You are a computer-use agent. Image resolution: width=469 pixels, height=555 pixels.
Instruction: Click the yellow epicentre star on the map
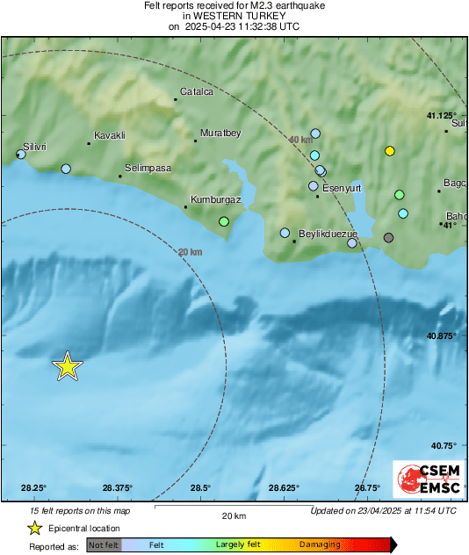[67, 366]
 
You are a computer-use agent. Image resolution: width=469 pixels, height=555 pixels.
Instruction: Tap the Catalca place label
[197, 91]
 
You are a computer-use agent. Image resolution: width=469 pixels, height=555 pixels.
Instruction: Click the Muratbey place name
[220, 133]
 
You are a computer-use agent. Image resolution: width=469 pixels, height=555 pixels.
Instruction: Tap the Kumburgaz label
[215, 200]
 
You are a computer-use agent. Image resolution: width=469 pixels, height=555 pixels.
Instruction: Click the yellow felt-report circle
[390, 151]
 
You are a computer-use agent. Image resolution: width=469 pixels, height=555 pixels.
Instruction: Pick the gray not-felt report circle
[389, 237]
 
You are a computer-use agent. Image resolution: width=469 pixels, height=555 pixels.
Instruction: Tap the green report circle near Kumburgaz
[224, 221]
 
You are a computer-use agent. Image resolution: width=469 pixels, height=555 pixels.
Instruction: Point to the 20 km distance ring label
[190, 252]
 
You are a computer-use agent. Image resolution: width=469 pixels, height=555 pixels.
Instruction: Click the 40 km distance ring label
[300, 140]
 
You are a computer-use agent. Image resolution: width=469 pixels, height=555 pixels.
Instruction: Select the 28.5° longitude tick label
[200, 488]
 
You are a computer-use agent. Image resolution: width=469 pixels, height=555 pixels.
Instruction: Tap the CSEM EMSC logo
[424, 480]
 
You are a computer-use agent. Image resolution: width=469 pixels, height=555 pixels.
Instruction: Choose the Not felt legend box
[105, 545]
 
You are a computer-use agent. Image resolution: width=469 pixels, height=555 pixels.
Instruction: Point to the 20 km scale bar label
[233, 515]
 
